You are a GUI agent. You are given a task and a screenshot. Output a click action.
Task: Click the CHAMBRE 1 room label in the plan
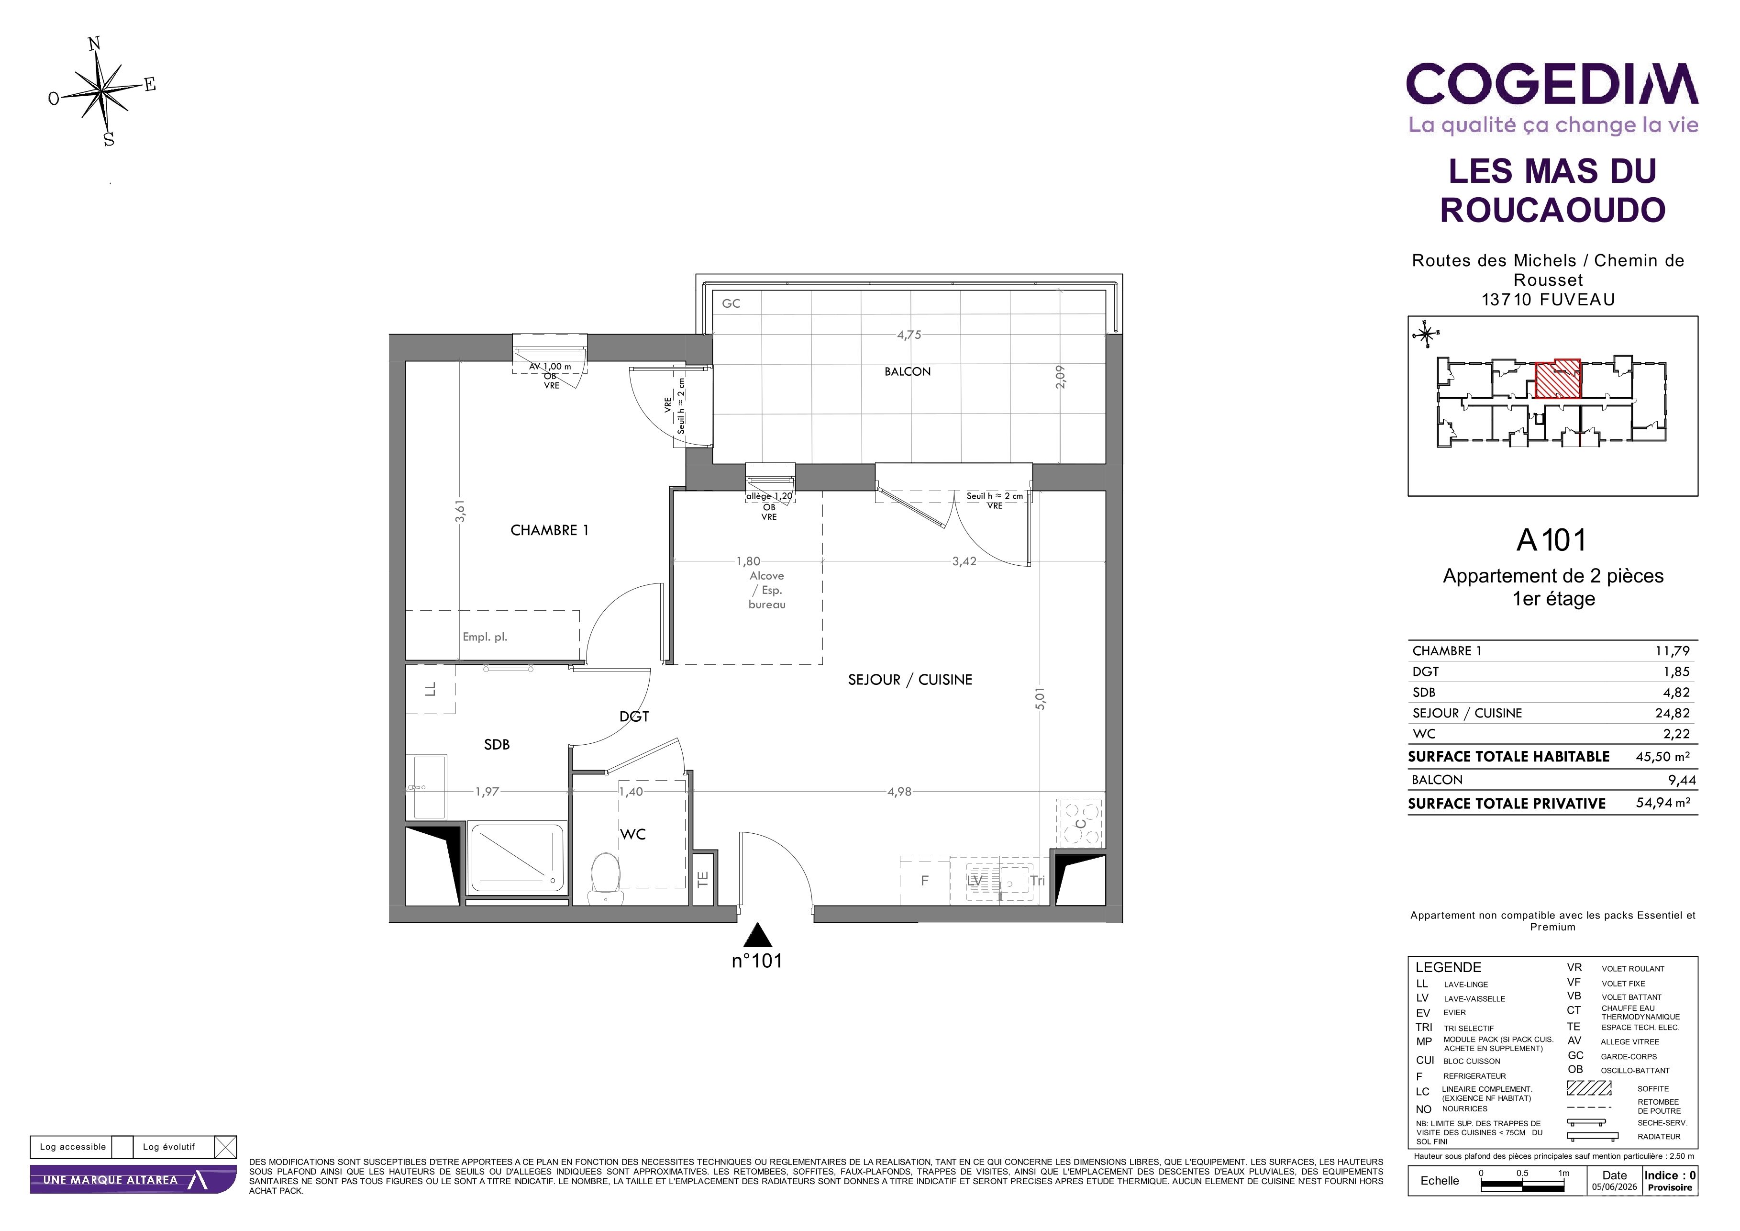click(x=549, y=531)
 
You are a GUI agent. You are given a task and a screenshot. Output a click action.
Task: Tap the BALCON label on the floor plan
click(x=907, y=371)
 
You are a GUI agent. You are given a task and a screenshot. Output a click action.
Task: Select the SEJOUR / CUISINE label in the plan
click(x=909, y=680)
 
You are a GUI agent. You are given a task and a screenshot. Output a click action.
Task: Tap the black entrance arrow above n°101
click(x=757, y=935)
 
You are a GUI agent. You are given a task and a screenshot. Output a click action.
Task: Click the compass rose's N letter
click(x=95, y=44)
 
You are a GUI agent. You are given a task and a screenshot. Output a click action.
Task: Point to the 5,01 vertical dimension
click(x=1041, y=698)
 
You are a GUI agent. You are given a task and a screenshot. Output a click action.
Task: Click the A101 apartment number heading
click(x=1552, y=540)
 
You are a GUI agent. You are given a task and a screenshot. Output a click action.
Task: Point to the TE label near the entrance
click(x=702, y=879)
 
